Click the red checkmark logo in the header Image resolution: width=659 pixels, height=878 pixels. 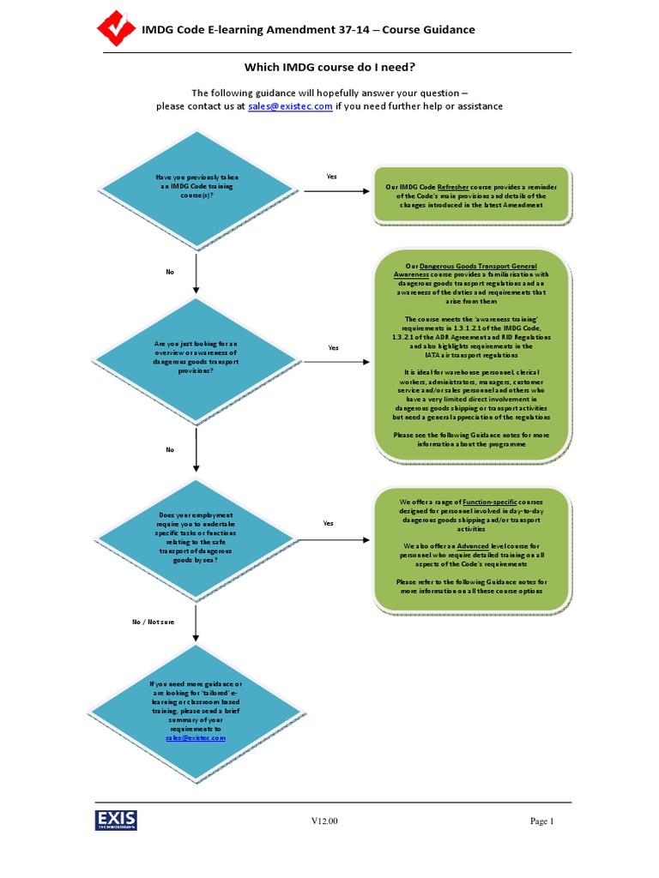tap(114, 29)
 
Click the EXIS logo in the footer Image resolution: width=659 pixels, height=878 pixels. tap(116, 821)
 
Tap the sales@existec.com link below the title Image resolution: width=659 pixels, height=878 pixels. tap(290, 106)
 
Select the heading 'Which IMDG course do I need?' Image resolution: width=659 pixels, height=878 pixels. tap(329, 67)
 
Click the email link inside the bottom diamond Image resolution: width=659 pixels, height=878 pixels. tap(196, 737)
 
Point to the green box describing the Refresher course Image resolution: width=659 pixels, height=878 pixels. tap(472, 195)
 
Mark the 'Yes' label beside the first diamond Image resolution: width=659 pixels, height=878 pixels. tap(331, 177)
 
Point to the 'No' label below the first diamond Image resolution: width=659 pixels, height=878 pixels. tap(170, 272)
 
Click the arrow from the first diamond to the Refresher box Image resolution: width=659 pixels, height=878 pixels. tap(336, 190)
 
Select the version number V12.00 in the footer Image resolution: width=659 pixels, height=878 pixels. tap(324, 821)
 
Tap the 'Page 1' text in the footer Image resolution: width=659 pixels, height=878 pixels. tap(542, 821)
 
